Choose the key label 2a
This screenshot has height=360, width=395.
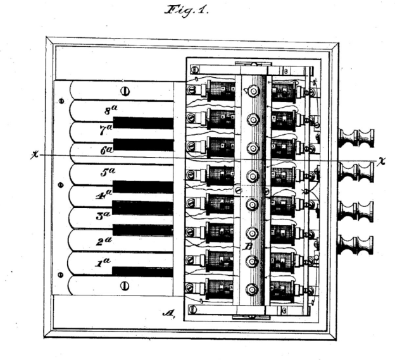click(103, 240)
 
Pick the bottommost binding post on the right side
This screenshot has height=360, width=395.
click(357, 243)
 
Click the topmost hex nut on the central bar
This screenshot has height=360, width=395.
click(253, 91)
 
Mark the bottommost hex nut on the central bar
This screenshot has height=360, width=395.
click(253, 289)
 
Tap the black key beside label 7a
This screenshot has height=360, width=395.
click(142, 123)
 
